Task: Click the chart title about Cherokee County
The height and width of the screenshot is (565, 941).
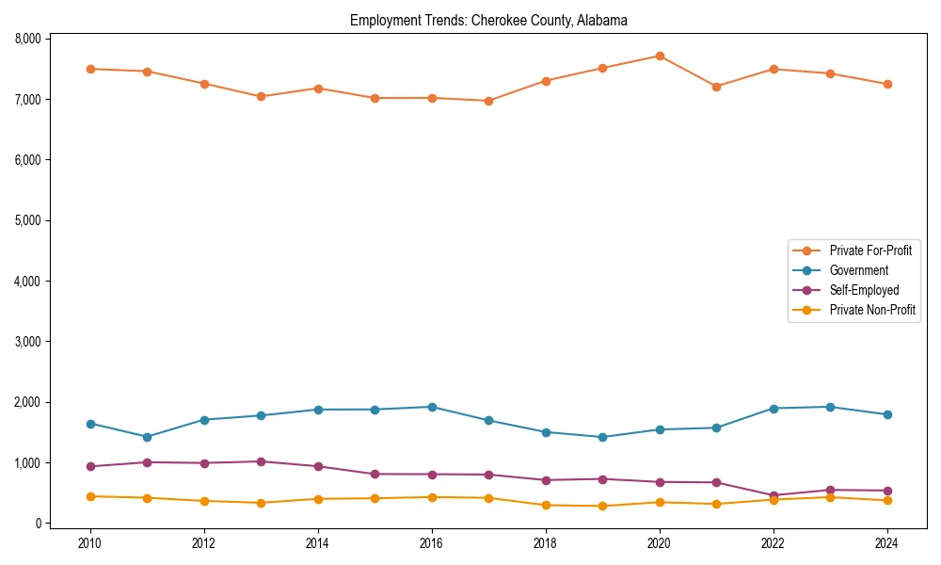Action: click(x=488, y=20)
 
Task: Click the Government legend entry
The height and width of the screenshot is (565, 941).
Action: click(x=858, y=270)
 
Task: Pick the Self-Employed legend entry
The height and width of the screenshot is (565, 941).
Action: click(x=864, y=290)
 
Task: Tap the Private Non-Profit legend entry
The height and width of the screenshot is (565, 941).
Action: click(x=872, y=310)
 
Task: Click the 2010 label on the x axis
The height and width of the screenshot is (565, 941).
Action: click(x=90, y=543)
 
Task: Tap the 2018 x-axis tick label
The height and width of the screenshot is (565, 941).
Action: click(x=546, y=543)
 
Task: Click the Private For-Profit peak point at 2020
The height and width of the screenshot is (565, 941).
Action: click(x=660, y=56)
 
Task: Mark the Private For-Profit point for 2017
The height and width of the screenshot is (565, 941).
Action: click(x=488, y=101)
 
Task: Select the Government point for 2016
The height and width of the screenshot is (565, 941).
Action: click(x=432, y=407)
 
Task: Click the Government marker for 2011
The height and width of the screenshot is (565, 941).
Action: click(x=147, y=437)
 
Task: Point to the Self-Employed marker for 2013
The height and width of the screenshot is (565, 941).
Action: click(x=261, y=461)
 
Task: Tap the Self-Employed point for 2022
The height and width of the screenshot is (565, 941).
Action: click(x=774, y=495)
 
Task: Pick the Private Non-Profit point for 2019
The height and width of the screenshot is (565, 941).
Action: click(x=602, y=506)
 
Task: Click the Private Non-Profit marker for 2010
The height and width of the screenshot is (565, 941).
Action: click(x=90, y=496)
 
